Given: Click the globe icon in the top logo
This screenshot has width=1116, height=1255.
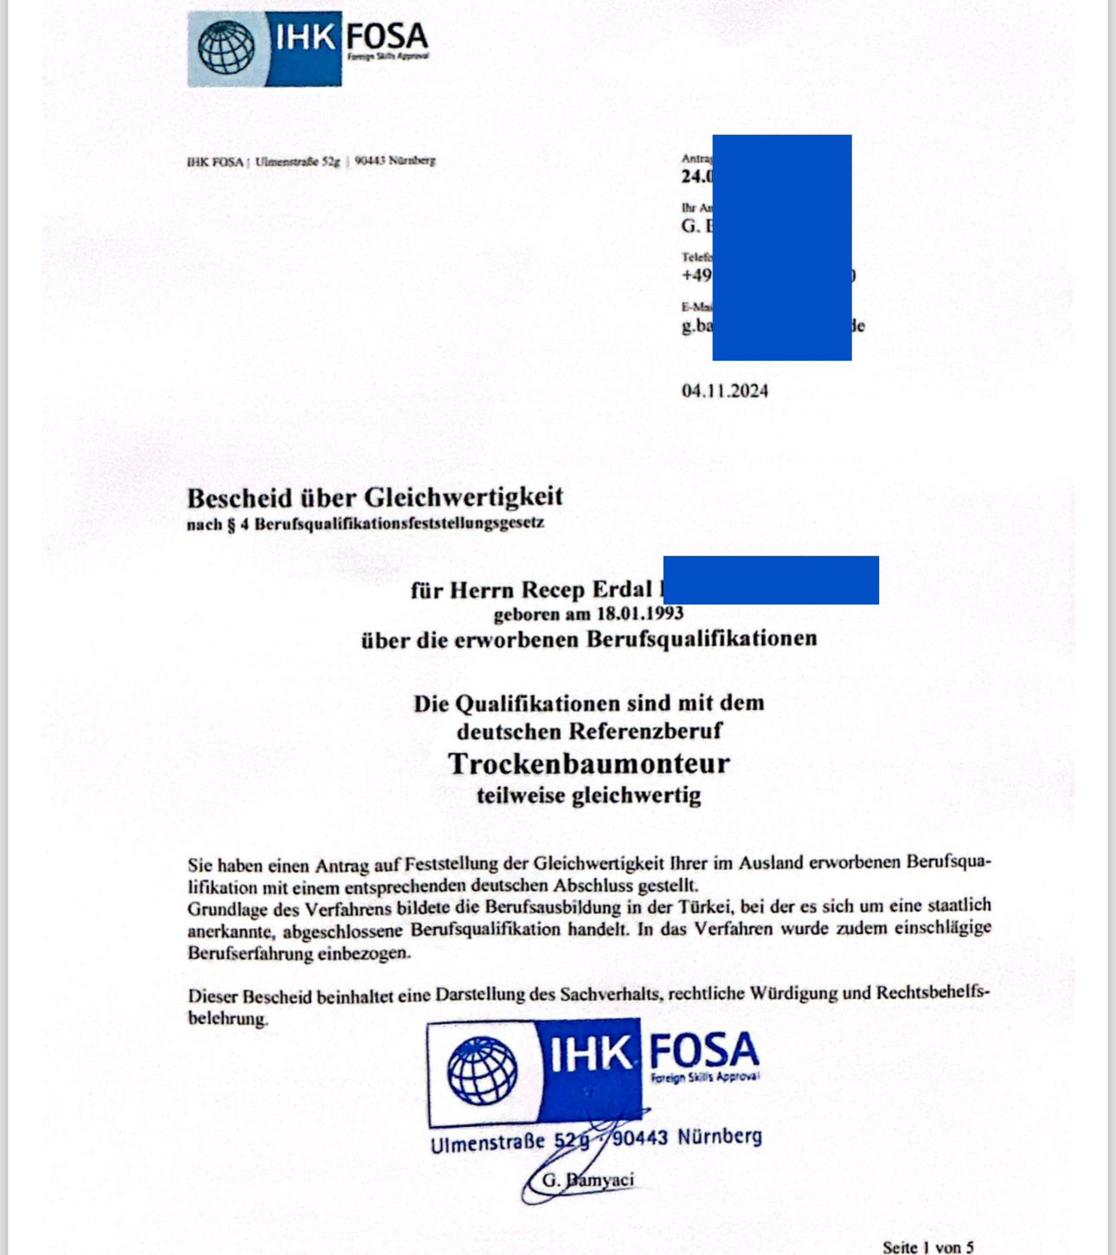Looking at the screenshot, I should (x=226, y=48).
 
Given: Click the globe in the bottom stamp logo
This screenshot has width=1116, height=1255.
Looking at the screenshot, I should (x=482, y=1071).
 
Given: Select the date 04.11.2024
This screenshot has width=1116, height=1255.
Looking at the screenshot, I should (x=724, y=391).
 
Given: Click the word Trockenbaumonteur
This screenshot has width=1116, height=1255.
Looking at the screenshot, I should (x=588, y=764).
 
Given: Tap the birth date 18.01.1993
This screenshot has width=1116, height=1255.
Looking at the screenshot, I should (x=639, y=614).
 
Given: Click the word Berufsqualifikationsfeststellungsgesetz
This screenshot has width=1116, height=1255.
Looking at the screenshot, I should (x=399, y=524).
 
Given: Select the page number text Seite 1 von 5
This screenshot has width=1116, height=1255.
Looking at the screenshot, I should (x=927, y=1247).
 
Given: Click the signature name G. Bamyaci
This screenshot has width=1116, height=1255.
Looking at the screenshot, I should (x=587, y=1180).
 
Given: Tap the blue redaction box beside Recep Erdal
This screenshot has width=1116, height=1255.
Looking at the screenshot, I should (x=770, y=580).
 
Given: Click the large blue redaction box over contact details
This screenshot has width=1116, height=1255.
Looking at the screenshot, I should (x=781, y=247).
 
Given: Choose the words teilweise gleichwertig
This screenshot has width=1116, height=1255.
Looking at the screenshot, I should (x=588, y=796).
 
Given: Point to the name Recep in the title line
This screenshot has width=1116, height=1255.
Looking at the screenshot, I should (x=554, y=590).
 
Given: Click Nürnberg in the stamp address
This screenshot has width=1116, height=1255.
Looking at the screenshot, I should (x=719, y=1137).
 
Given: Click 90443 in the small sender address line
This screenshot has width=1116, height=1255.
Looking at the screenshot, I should (x=369, y=161).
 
